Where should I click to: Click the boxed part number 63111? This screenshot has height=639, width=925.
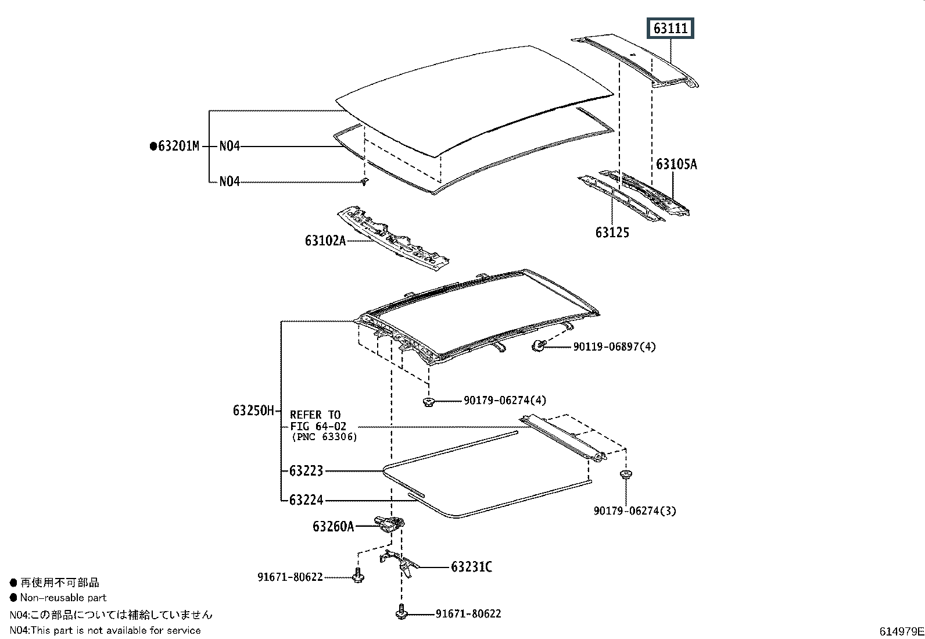point(670,28)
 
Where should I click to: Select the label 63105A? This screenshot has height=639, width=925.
point(676,165)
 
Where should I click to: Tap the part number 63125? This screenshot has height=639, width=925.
point(612,233)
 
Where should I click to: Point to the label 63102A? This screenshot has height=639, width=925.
point(325,241)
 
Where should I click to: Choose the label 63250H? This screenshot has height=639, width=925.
point(253,410)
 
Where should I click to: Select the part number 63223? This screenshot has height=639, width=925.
point(306,471)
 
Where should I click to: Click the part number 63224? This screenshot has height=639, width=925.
point(306,500)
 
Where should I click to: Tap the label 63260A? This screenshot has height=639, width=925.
point(334,527)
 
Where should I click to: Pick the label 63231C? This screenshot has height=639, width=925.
point(471,567)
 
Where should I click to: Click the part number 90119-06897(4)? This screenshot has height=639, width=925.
point(615,347)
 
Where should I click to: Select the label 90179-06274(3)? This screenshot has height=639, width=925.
point(634,511)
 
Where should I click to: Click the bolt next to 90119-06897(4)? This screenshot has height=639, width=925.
point(538,345)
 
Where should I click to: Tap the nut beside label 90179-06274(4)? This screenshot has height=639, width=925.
point(429,401)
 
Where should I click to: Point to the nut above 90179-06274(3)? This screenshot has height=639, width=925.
point(626,474)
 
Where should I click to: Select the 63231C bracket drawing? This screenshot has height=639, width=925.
point(399,563)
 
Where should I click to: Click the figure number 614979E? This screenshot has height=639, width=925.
point(901,631)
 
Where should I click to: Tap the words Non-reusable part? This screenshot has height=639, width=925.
point(63,598)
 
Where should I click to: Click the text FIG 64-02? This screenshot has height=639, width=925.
point(318,426)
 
